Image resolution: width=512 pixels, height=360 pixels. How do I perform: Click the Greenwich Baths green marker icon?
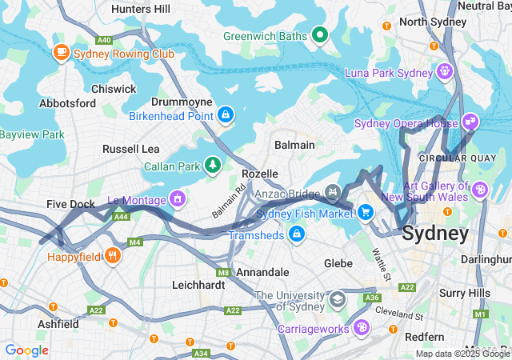tap(320, 34)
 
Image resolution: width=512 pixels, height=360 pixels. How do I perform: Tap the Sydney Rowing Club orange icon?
tap(61, 53)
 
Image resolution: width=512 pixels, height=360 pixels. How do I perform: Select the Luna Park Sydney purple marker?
tap(444, 73)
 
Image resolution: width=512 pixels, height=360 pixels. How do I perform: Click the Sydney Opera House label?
tap(406, 123)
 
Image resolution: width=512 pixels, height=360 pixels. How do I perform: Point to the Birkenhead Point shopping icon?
tap(226, 115)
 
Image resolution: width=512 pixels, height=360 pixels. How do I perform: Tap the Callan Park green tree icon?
tap(213, 166)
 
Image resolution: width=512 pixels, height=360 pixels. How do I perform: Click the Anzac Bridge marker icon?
tap(333, 193)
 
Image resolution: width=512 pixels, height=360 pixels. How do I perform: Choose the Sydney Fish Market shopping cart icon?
tap(366, 212)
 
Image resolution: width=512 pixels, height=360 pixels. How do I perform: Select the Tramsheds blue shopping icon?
tap(297, 234)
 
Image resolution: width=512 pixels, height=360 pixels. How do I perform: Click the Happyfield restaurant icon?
tap(113, 257)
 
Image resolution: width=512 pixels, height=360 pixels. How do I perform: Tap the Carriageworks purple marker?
tap(362, 327)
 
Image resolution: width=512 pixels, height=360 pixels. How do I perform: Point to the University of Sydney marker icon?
tap(338, 300)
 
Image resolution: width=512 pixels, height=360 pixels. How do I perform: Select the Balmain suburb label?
tap(294, 145)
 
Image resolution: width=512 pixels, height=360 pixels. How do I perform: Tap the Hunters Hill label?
tap(141, 9)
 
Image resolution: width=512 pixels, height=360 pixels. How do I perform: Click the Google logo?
tap(27, 350)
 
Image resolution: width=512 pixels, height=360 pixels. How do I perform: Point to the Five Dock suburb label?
tap(70, 204)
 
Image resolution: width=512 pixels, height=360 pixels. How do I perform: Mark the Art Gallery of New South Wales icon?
tap(479, 190)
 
